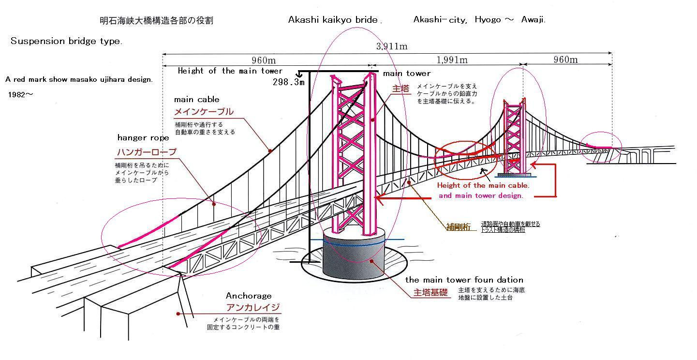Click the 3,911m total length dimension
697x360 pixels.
tap(392, 46)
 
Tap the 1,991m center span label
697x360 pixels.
tap(452, 60)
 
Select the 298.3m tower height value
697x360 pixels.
tap(289, 82)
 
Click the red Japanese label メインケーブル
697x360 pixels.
tap(204, 112)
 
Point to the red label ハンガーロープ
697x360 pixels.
tap(147, 152)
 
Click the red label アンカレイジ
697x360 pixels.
tap(253, 307)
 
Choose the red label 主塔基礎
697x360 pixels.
tap(430, 293)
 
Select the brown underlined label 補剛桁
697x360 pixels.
tap(458, 226)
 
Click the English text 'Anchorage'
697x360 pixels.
tap(249, 296)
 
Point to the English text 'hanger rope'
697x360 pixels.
tap(143, 138)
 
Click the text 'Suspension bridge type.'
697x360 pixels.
tap(66, 41)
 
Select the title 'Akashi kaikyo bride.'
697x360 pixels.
tap(335, 20)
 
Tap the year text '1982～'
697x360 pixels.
tap(21, 95)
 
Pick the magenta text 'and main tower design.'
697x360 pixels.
tap(480, 195)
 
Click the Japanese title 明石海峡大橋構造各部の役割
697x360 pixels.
tap(156, 21)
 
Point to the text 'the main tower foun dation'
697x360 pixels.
tap(464, 280)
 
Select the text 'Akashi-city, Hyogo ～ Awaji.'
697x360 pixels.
tap(479, 20)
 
